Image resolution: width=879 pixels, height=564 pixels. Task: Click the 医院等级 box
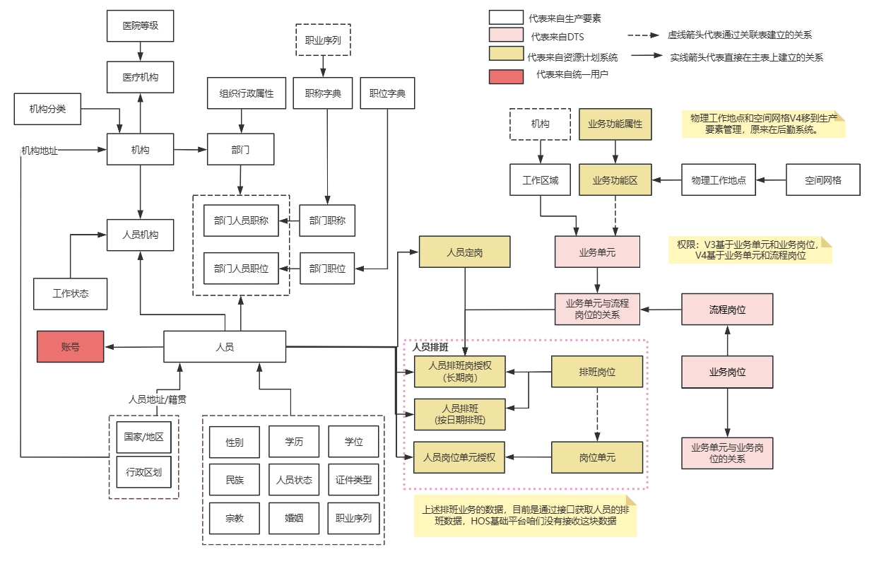(x=140, y=26)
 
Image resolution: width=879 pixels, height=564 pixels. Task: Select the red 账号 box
(x=70, y=346)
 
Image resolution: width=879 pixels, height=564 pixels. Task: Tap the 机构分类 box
(x=47, y=109)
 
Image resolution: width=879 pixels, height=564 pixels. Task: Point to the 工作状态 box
(x=70, y=293)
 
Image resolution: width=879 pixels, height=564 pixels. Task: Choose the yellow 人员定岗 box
(x=464, y=252)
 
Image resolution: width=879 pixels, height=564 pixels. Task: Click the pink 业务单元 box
(x=597, y=252)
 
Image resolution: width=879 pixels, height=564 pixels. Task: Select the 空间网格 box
(x=823, y=180)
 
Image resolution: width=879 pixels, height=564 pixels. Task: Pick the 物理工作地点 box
(x=719, y=180)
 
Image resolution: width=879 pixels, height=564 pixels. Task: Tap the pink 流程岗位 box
(x=727, y=310)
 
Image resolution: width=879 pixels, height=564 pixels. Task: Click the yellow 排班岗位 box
(x=597, y=372)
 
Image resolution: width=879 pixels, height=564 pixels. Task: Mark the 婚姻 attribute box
(x=294, y=518)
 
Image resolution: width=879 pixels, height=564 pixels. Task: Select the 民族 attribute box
(x=235, y=480)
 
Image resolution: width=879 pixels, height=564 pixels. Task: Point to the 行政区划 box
(x=143, y=472)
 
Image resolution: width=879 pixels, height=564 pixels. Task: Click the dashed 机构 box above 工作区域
(x=540, y=124)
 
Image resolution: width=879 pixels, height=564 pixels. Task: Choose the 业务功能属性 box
(x=615, y=124)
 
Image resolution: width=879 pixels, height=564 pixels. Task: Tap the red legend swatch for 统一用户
(x=506, y=75)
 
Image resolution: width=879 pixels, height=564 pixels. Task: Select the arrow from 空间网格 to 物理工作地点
(x=771, y=180)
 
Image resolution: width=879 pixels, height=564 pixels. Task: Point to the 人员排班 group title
(x=430, y=348)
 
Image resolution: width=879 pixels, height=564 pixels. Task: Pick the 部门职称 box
(x=327, y=221)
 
